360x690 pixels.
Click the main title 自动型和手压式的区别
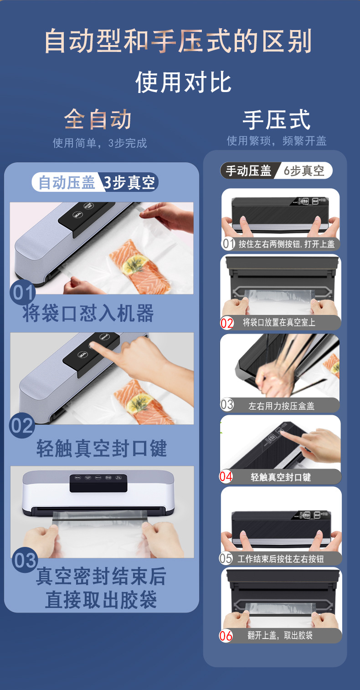click(x=178, y=41)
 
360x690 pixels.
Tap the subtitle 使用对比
click(x=184, y=82)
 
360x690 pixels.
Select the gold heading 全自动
click(x=98, y=119)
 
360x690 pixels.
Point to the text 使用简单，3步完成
click(x=100, y=143)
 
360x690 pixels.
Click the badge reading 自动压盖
click(x=67, y=183)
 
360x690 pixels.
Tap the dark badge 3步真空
click(x=129, y=183)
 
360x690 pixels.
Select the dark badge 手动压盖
click(x=249, y=171)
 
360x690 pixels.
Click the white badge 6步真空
click(x=304, y=171)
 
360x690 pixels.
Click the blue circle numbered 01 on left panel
click(x=22, y=293)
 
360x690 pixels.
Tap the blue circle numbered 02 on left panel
click(x=22, y=426)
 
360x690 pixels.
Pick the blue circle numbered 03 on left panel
click(x=24, y=561)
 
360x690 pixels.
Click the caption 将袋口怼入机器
click(x=88, y=314)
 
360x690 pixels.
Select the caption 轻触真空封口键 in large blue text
click(x=102, y=448)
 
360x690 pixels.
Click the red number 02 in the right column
click(x=227, y=323)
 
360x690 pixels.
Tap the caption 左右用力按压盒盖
click(x=281, y=406)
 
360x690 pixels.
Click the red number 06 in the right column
click(x=226, y=636)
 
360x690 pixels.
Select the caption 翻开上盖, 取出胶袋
click(x=280, y=635)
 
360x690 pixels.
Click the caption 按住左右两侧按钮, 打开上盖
click(x=286, y=244)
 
